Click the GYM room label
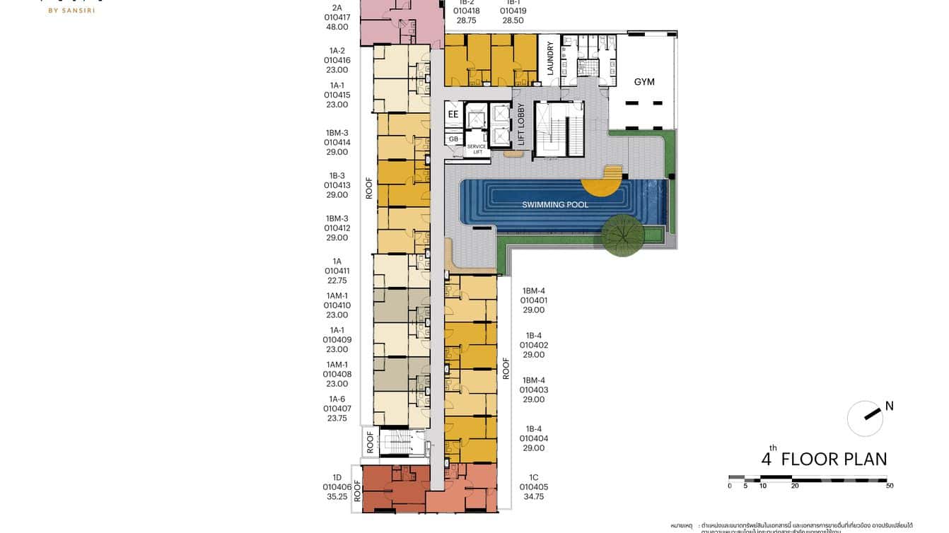coord(644,82)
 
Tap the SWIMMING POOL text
coord(555,205)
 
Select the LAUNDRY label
coord(551,59)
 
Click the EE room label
coord(453,114)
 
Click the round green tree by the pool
coord(622,234)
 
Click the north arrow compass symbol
coord(866,418)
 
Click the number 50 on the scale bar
coord(889,486)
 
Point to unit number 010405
coord(533,487)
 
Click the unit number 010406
coord(337,487)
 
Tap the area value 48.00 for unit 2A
coord(337,27)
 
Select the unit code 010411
coord(337,271)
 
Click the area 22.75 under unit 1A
coord(337,281)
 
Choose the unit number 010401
coord(533,300)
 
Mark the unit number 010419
coord(513,11)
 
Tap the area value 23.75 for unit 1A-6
coord(337,418)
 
